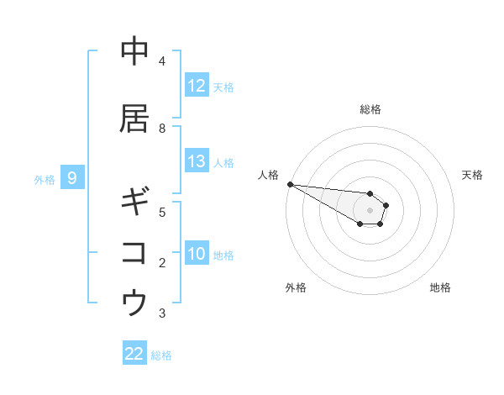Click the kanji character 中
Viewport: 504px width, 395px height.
click(x=134, y=52)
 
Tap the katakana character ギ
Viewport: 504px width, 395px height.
click(x=134, y=203)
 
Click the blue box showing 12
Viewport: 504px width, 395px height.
click(x=197, y=86)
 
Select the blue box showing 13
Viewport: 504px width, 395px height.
click(x=197, y=161)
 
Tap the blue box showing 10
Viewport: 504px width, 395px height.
click(x=197, y=254)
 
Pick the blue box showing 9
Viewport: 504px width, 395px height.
click(x=72, y=178)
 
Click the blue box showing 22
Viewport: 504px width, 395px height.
click(x=134, y=354)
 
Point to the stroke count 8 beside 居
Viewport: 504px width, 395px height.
click(x=162, y=129)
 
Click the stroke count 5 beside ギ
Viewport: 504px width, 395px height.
click(x=162, y=212)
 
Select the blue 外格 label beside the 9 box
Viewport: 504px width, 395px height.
click(x=45, y=179)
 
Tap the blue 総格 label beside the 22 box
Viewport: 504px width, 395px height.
click(x=161, y=355)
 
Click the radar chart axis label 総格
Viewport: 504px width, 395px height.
click(x=370, y=109)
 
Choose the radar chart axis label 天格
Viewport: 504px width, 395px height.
click(x=472, y=175)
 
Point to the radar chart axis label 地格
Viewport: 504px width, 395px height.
click(x=440, y=287)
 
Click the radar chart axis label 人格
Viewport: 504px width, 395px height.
click(x=269, y=175)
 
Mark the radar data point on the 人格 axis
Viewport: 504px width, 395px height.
click(x=290, y=184)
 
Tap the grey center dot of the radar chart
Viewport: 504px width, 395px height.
click(x=370, y=210)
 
